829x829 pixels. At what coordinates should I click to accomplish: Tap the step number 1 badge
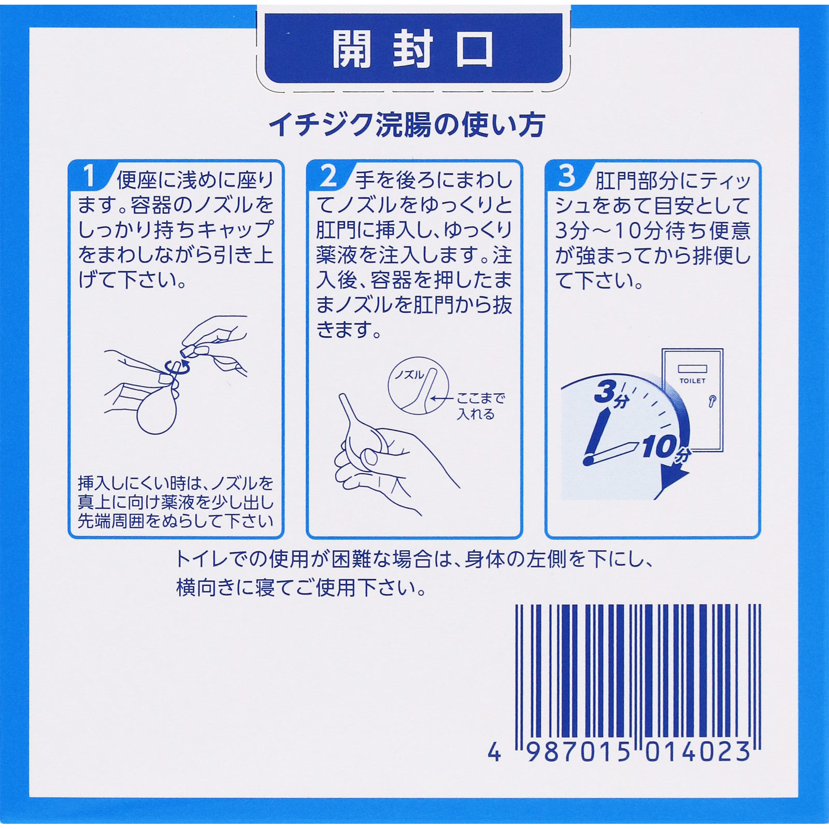click(90, 176)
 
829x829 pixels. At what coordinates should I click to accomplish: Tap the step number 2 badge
click(328, 176)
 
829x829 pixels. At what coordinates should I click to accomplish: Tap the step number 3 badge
click(566, 176)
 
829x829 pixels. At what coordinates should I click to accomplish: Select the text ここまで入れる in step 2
click(479, 406)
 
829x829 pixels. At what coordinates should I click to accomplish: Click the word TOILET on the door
click(692, 381)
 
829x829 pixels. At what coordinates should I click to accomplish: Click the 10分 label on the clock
click(665, 449)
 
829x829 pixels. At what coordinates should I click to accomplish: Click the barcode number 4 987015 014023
click(619, 752)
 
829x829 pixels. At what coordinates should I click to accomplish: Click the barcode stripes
click(637, 668)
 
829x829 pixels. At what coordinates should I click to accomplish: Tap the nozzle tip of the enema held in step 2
click(342, 398)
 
